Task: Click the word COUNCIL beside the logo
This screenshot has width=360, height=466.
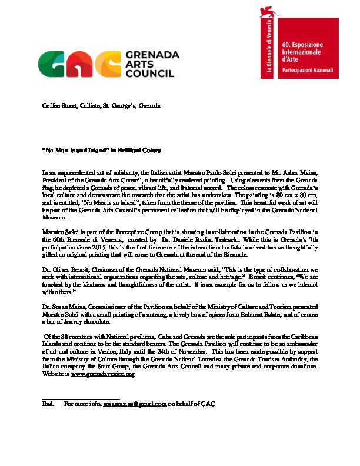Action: click(149, 74)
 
